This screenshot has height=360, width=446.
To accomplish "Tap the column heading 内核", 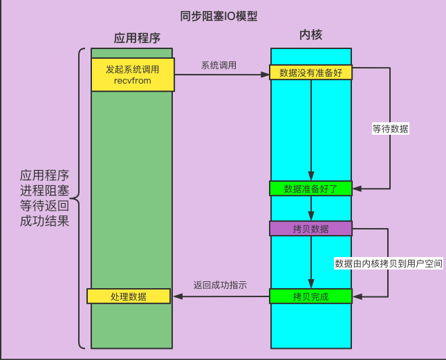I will (x=310, y=35).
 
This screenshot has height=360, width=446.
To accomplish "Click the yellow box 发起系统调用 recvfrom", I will (x=132, y=75).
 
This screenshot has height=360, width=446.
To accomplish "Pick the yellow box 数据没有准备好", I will (x=310, y=73).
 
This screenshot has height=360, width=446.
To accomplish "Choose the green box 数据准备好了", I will (x=310, y=188).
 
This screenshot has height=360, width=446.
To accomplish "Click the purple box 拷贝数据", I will (x=310, y=229).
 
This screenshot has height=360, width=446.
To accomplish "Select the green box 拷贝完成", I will (x=310, y=296).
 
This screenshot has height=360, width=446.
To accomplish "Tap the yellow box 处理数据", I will (x=129, y=296).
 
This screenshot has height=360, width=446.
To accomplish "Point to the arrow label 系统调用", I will (x=219, y=66).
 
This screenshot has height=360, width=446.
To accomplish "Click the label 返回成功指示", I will (x=220, y=285).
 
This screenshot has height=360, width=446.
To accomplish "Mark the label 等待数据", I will (x=390, y=129).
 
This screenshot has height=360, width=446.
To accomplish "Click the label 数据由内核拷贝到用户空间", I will (x=389, y=263).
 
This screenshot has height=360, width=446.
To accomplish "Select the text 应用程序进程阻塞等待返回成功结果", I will (x=45, y=198).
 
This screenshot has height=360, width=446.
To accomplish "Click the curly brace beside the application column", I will (x=79, y=198).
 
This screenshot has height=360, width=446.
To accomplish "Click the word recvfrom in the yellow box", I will (x=132, y=82).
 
